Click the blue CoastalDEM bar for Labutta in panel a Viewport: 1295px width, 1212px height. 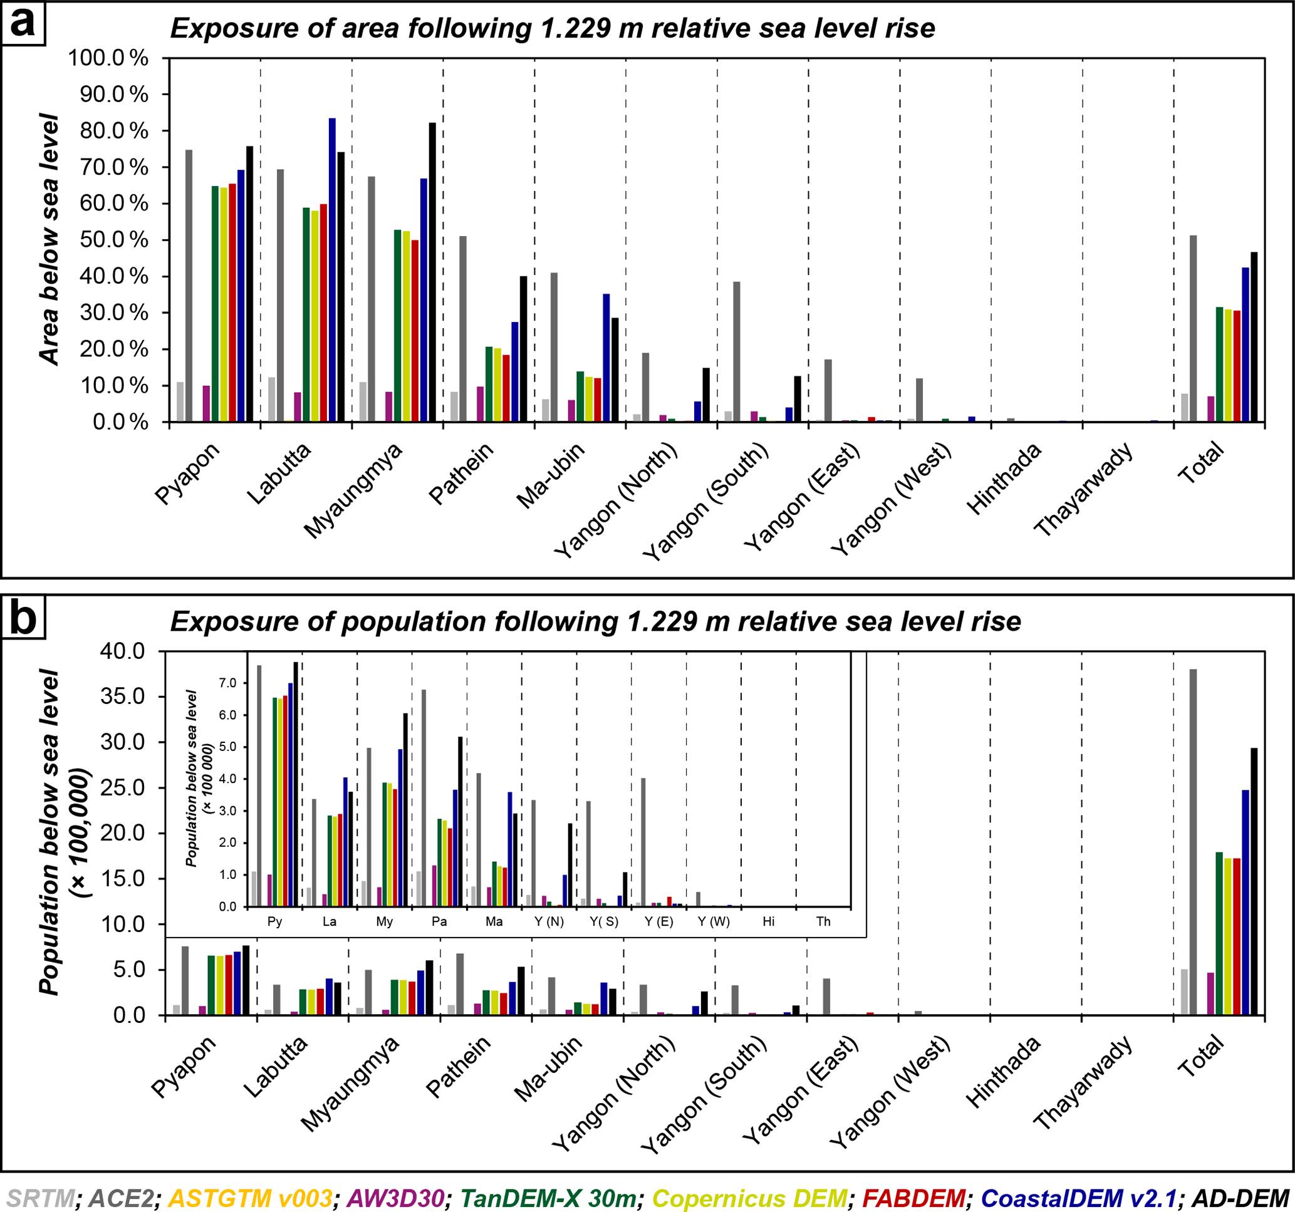coord(332,271)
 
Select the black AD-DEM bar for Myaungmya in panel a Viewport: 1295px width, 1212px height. coord(432,272)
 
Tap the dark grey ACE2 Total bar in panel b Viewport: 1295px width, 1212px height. coord(1193,841)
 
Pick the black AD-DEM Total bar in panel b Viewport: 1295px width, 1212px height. coord(1254,881)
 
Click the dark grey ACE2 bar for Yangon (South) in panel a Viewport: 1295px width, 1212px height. coord(736,351)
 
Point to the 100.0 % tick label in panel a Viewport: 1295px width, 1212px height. coord(108,58)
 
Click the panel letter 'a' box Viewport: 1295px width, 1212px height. coord(23,23)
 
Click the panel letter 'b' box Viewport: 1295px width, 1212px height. coord(23,617)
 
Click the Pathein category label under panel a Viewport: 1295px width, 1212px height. coord(461,474)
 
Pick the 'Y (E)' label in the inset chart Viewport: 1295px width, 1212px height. coord(658,921)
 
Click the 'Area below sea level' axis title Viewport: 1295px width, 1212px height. coord(49,239)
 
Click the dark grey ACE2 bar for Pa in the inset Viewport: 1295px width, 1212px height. coord(424,798)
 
